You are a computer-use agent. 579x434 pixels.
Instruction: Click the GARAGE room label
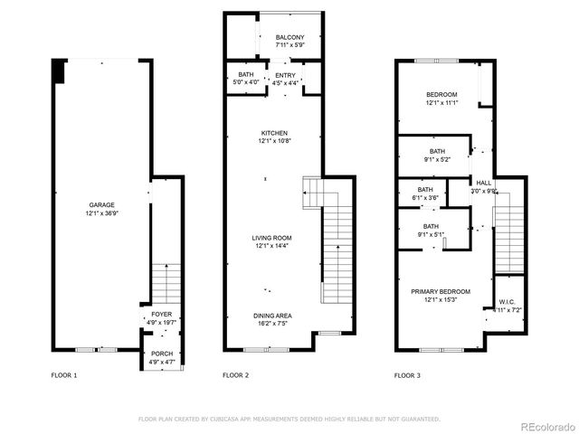click(100, 204)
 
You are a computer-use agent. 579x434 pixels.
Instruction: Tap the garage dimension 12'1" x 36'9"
click(100, 212)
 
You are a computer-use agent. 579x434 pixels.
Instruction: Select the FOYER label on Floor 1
click(161, 315)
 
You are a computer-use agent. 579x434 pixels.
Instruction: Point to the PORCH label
click(162, 354)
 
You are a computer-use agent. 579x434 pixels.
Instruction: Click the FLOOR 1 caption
click(64, 374)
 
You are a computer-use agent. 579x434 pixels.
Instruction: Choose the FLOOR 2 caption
click(235, 374)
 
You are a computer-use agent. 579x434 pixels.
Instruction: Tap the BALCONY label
click(289, 37)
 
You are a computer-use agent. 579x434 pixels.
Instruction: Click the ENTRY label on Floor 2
click(286, 75)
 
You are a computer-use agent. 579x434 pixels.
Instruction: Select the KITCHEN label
click(273, 133)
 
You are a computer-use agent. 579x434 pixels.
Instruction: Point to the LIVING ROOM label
click(271, 238)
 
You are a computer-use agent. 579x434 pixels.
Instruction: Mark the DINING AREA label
click(272, 315)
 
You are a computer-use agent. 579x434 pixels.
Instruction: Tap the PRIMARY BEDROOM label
click(441, 291)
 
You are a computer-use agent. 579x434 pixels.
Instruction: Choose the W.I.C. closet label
click(506, 303)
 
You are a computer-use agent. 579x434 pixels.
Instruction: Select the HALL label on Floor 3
click(484, 183)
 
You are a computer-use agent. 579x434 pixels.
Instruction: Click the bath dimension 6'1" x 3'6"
click(425, 197)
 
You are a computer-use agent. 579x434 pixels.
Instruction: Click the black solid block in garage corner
click(59, 69)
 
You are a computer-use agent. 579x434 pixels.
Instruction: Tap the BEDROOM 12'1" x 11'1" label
click(441, 95)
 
